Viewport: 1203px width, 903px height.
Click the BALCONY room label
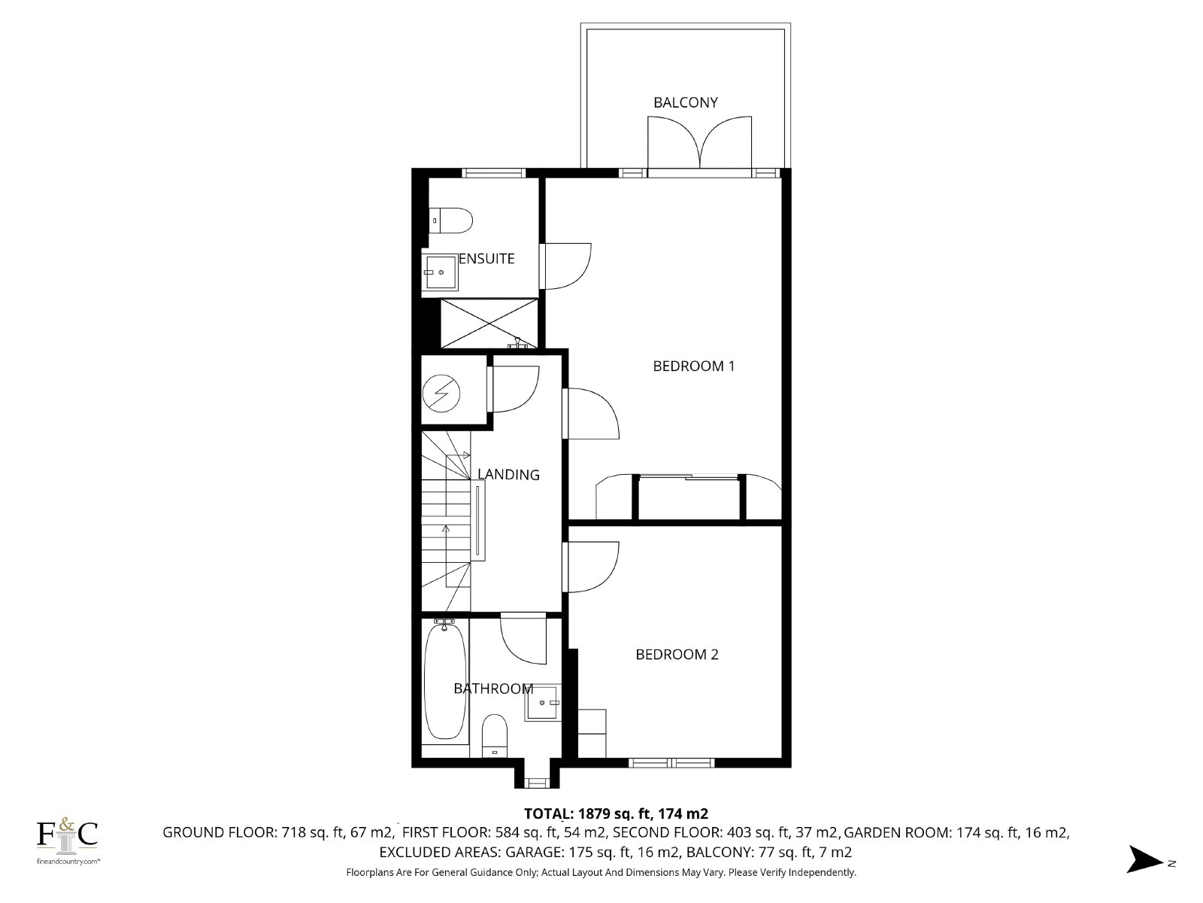click(685, 102)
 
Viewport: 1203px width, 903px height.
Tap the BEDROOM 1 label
click(693, 366)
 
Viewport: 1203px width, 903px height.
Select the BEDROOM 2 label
click(677, 654)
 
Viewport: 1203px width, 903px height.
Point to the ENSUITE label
click(486, 258)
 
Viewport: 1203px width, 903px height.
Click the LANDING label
click(508, 474)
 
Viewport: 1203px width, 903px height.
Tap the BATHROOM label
click(493, 689)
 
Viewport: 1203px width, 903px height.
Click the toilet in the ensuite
click(450, 220)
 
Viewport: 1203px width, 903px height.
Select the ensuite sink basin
click(440, 272)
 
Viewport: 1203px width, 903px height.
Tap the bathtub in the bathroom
click(445, 683)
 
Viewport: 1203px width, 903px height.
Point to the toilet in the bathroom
click(494, 735)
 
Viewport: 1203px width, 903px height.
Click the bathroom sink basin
click(543, 702)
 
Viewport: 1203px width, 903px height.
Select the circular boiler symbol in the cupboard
click(441, 393)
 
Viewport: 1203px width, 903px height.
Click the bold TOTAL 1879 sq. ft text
click(616, 813)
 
